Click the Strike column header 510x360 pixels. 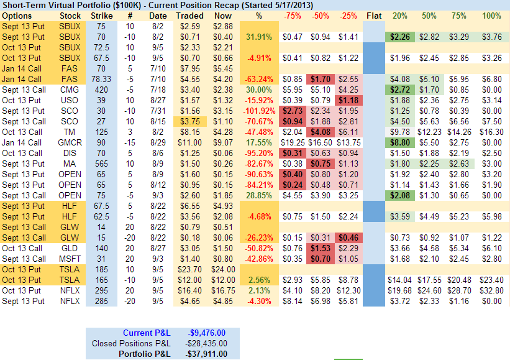pos(101,15)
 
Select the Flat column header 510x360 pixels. pos(374,15)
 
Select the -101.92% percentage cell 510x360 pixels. pos(258,111)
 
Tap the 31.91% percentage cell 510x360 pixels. pos(258,37)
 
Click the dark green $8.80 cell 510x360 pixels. pos(401,142)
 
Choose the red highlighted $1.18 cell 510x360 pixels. pos(348,100)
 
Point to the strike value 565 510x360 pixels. pos(101,164)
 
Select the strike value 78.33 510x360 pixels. pos(101,79)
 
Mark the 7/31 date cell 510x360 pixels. pos(158,111)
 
